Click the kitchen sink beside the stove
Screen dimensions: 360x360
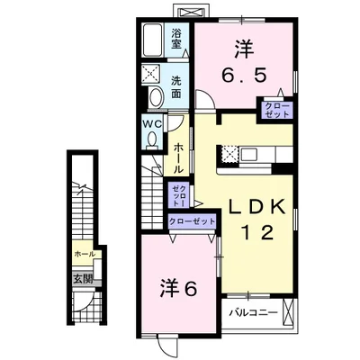pos(248,154)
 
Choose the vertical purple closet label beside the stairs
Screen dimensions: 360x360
pos(181,194)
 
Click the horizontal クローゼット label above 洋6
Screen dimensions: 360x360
pos(193,220)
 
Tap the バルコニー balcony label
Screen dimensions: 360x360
pos(247,313)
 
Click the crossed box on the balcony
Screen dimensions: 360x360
pos(288,314)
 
